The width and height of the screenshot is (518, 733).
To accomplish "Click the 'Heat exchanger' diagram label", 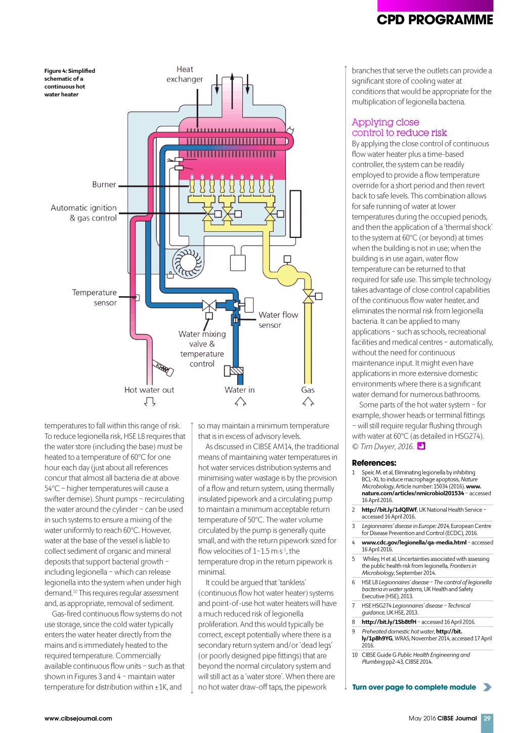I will coord(185,74).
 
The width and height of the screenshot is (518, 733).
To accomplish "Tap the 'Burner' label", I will coord(104,185).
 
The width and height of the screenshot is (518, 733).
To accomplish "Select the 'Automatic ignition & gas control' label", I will coord(84,213).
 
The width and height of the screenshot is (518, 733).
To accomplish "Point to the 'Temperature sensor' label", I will coord(95,298).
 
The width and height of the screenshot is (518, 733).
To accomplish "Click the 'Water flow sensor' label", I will coord(278,319).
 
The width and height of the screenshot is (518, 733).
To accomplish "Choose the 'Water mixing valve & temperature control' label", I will coord(202,349).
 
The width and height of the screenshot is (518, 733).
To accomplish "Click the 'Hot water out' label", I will coord(149,390).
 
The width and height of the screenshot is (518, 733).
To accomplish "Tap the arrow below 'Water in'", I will coord(240,401).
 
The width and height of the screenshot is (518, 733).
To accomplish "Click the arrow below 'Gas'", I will coord(308,401).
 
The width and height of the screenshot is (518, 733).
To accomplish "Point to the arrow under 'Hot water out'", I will coord(149,402).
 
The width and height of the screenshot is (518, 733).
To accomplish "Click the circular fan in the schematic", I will coord(187,262).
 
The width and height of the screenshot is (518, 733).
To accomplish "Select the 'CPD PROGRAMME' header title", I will coord(435,20).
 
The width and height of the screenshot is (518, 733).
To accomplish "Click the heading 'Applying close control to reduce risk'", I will coord(399,128).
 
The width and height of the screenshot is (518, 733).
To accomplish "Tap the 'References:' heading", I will coord(374,463).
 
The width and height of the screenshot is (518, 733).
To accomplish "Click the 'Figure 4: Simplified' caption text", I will coord(69,71).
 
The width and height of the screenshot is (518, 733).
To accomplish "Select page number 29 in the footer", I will coord(487,718).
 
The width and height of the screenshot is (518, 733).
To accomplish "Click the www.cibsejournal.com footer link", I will coord(78,718).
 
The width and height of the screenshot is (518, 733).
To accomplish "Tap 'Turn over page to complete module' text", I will coord(414,687).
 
